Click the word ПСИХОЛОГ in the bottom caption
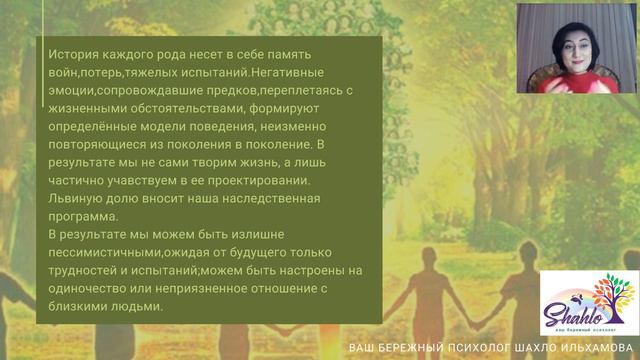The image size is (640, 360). (x=476, y=348)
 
